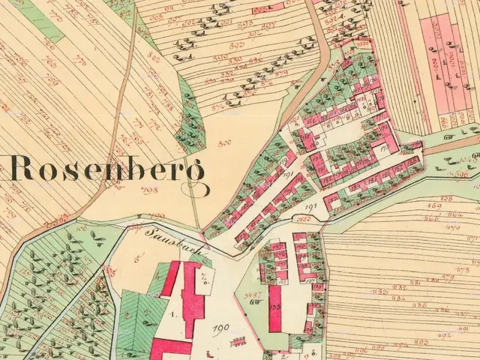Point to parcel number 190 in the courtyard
tap(220, 328)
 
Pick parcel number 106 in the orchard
tap(81, 226)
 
